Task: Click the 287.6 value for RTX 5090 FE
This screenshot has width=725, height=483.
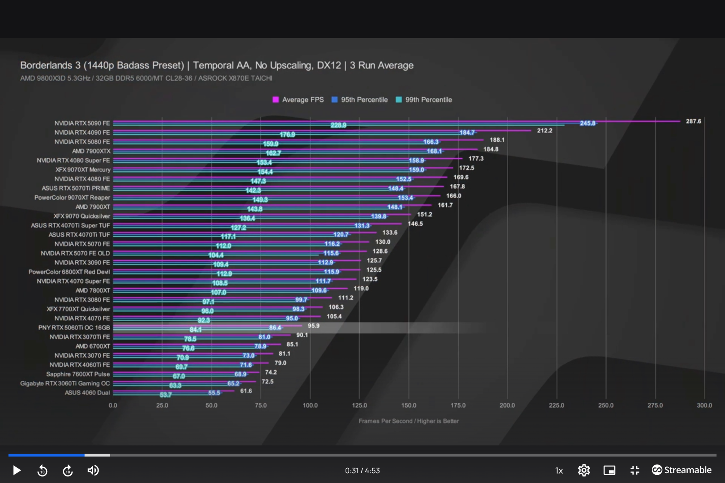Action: tap(693, 121)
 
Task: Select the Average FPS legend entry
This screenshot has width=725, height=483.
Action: tap(298, 100)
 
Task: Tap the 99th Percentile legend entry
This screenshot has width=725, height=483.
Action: tap(424, 100)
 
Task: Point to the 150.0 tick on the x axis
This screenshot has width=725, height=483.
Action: tap(409, 405)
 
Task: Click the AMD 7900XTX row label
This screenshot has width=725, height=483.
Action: tap(91, 151)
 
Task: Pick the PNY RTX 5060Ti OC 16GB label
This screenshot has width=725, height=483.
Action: tap(74, 328)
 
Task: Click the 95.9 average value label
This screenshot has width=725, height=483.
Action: tap(313, 326)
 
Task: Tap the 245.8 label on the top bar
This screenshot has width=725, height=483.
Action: tap(588, 123)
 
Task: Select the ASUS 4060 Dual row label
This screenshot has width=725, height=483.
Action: tap(87, 392)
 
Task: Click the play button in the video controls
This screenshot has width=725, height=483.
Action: tap(17, 470)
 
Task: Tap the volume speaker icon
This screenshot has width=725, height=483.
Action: tap(93, 470)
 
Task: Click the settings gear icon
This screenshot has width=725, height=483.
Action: tap(584, 470)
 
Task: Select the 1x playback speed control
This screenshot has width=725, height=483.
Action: tap(559, 471)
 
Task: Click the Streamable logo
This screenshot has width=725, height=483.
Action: tap(682, 470)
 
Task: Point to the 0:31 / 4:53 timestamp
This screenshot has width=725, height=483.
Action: tap(362, 471)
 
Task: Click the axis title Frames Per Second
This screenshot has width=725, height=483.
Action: tap(409, 421)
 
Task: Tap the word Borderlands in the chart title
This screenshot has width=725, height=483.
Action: tap(46, 65)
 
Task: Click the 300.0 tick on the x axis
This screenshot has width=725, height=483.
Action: tap(704, 405)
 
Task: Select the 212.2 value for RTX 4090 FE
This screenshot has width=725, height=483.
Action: tap(545, 131)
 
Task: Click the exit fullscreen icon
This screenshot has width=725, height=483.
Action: tap(635, 470)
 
